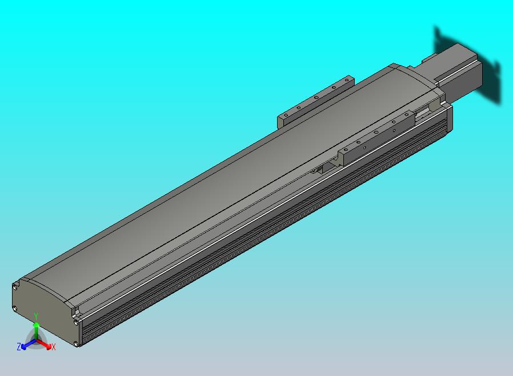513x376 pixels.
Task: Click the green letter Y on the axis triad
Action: pyautogui.click(x=36, y=316)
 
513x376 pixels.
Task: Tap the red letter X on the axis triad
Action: pyautogui.click(x=53, y=347)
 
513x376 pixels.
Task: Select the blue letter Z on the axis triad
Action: pyautogui.click(x=19, y=346)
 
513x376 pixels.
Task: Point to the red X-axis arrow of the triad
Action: pyautogui.click(x=44, y=344)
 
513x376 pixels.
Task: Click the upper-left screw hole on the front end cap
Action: pyautogui.click(x=15, y=287)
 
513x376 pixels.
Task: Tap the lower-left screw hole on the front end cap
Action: pyautogui.click(x=15, y=308)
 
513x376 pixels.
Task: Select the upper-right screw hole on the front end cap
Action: pyautogui.click(x=76, y=323)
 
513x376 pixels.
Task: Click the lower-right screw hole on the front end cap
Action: pyautogui.click(x=76, y=343)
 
